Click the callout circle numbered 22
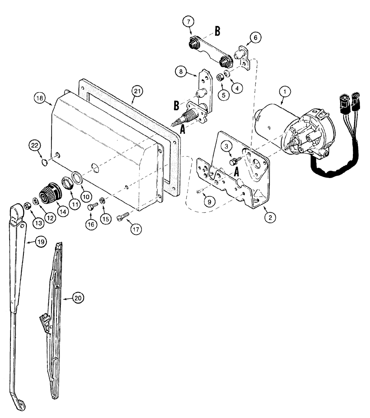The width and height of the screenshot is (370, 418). click(35, 145)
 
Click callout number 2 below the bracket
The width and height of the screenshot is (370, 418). click(271, 217)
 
